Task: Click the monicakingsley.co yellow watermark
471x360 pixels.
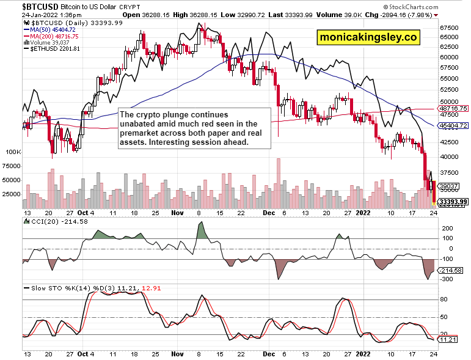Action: [368, 37]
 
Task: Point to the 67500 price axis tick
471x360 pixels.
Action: [450, 28]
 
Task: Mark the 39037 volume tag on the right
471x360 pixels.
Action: [450, 186]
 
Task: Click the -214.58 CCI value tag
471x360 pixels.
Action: [450, 270]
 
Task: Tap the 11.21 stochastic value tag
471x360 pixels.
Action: [448, 339]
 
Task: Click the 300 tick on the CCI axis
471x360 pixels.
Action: [447, 279]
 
